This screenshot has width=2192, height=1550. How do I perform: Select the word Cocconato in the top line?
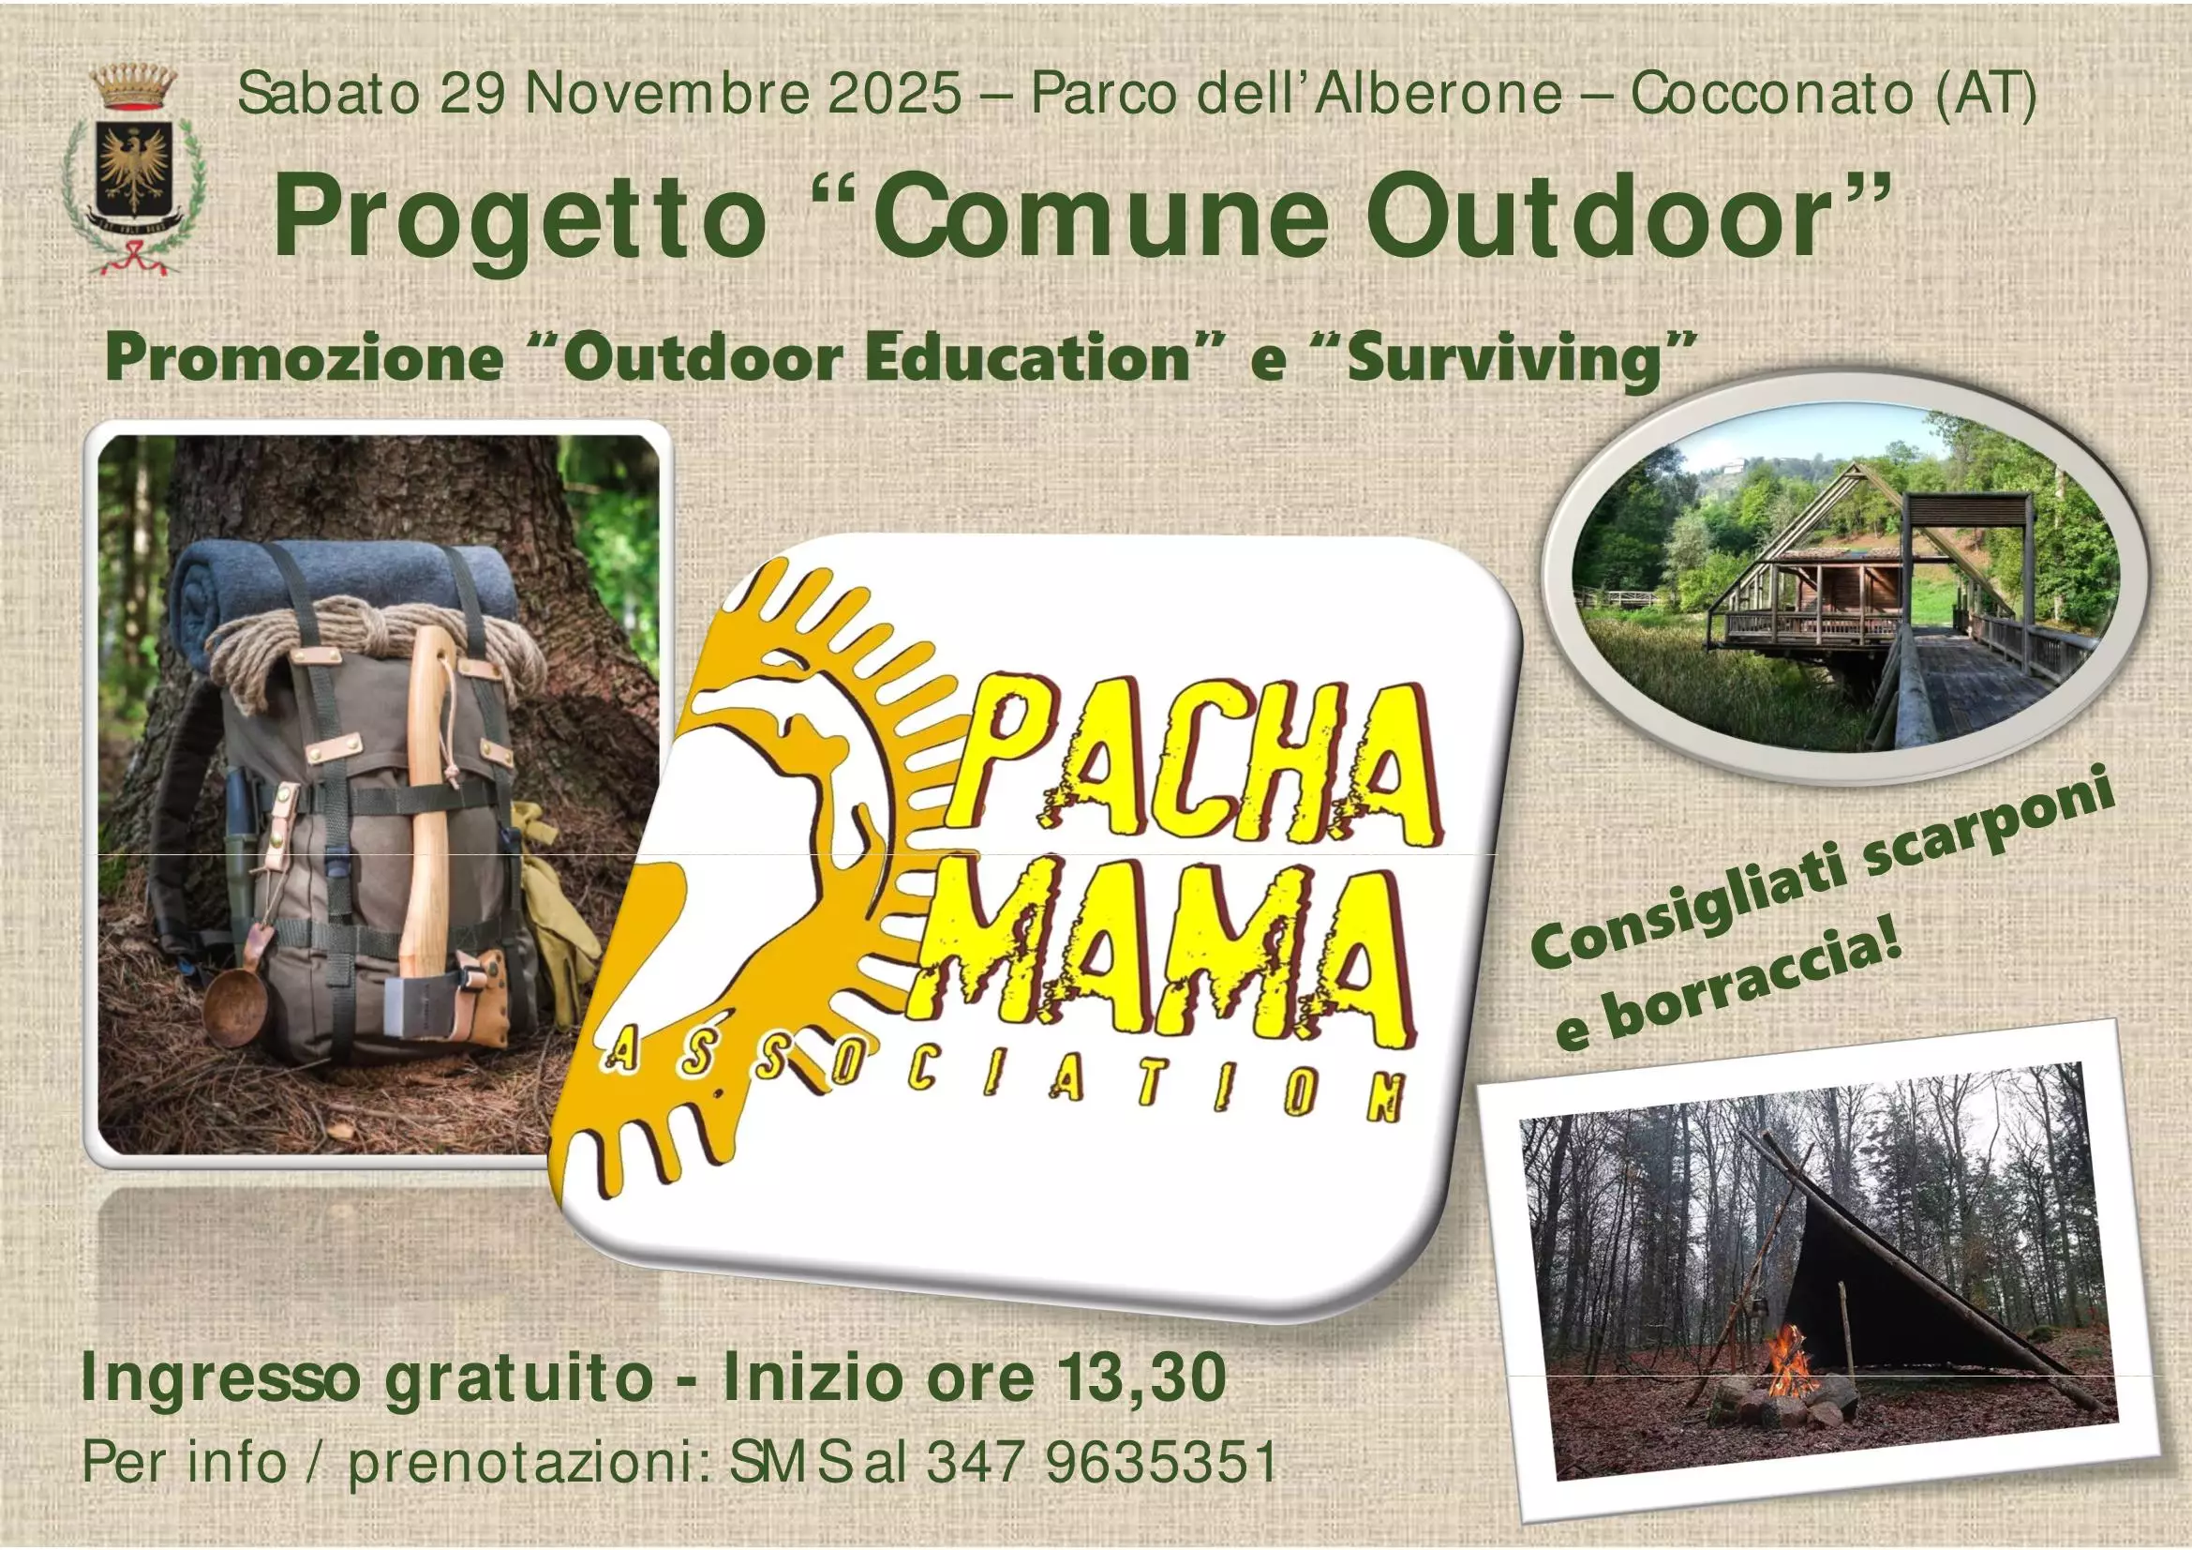click(1771, 95)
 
